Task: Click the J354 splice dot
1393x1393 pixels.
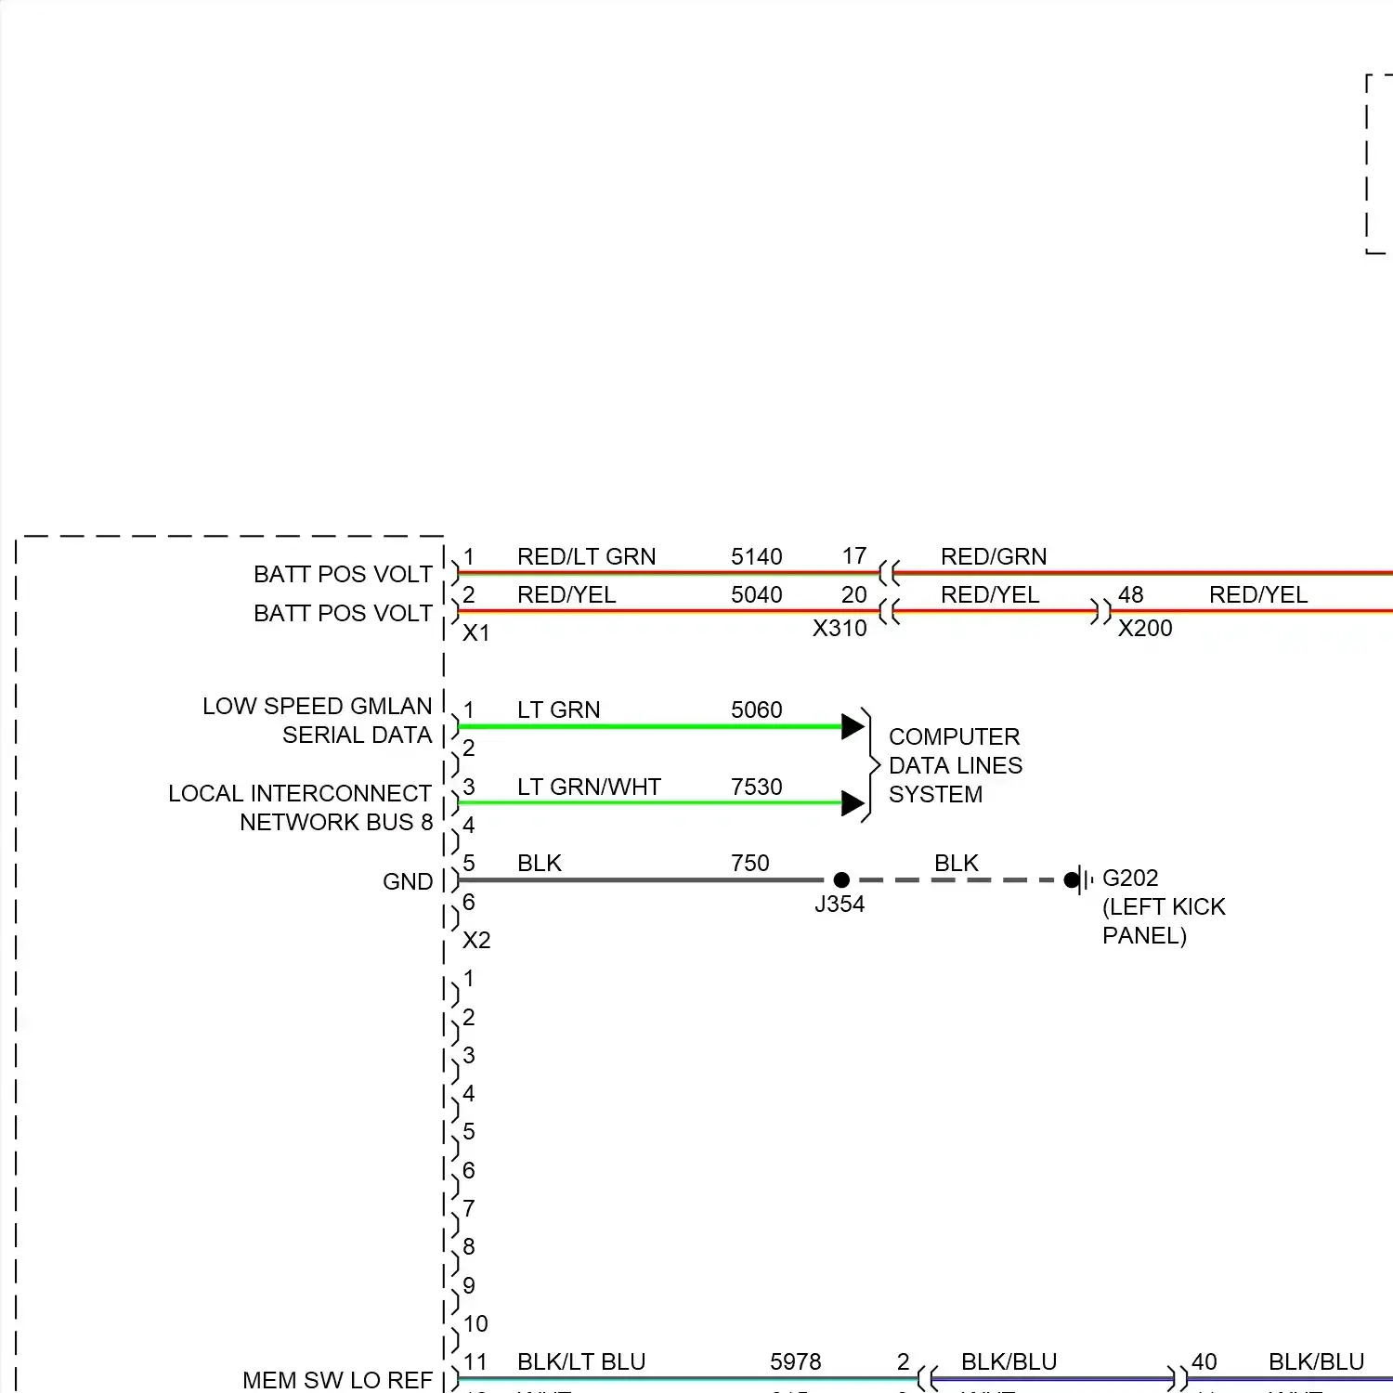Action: coord(841,879)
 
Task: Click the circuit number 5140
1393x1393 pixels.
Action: coord(756,556)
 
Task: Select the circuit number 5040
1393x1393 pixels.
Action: coord(756,594)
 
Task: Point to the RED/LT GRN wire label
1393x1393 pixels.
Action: coord(586,556)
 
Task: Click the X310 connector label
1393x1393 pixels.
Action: coord(839,629)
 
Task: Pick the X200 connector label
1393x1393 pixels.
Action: coord(1144,629)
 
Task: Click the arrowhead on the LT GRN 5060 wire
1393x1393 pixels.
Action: coord(853,726)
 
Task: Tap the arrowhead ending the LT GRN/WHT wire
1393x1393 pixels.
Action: coord(853,803)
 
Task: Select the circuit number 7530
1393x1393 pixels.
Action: coord(756,787)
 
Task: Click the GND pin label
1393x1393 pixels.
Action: coord(408,881)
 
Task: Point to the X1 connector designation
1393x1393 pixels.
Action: coord(475,633)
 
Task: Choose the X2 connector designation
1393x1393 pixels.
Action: coord(475,940)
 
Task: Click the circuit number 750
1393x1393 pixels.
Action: coord(749,863)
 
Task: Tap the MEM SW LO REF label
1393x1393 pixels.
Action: coord(337,1380)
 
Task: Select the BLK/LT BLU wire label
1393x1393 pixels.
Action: coord(580,1361)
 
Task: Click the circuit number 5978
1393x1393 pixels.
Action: coord(795,1361)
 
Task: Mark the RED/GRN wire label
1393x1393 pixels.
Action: coord(993,556)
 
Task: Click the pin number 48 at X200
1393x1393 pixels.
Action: coord(1130,594)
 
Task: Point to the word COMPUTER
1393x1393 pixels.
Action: coord(954,736)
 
